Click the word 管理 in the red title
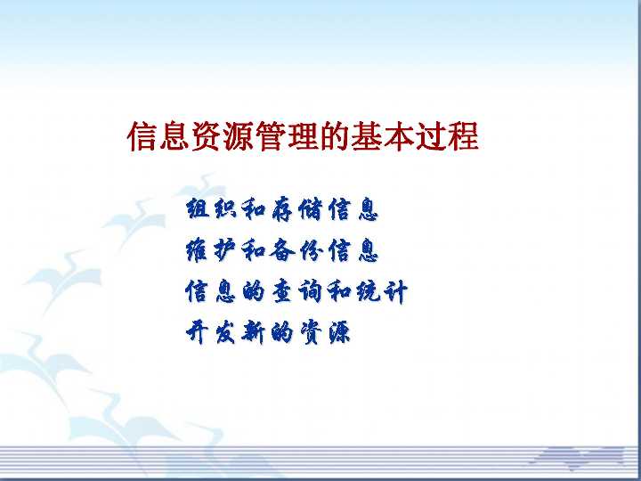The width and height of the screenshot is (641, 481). [287, 138]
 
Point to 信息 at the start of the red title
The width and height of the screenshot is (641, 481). [158, 138]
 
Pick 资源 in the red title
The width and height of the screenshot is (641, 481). [223, 138]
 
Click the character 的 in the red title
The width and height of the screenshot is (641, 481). [335, 138]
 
